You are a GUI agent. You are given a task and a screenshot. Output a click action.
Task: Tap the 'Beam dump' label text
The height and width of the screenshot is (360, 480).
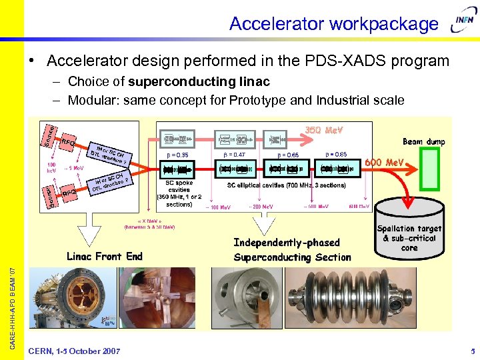click(423, 142)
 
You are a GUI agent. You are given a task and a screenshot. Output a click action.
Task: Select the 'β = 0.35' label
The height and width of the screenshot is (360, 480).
click(176, 155)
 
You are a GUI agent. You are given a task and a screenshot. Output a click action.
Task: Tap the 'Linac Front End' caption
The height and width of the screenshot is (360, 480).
click(105, 256)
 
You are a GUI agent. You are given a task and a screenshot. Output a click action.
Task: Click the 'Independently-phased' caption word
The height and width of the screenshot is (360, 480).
click(287, 243)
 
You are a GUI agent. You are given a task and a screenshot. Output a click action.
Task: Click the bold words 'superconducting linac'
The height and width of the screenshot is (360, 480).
click(199, 82)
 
